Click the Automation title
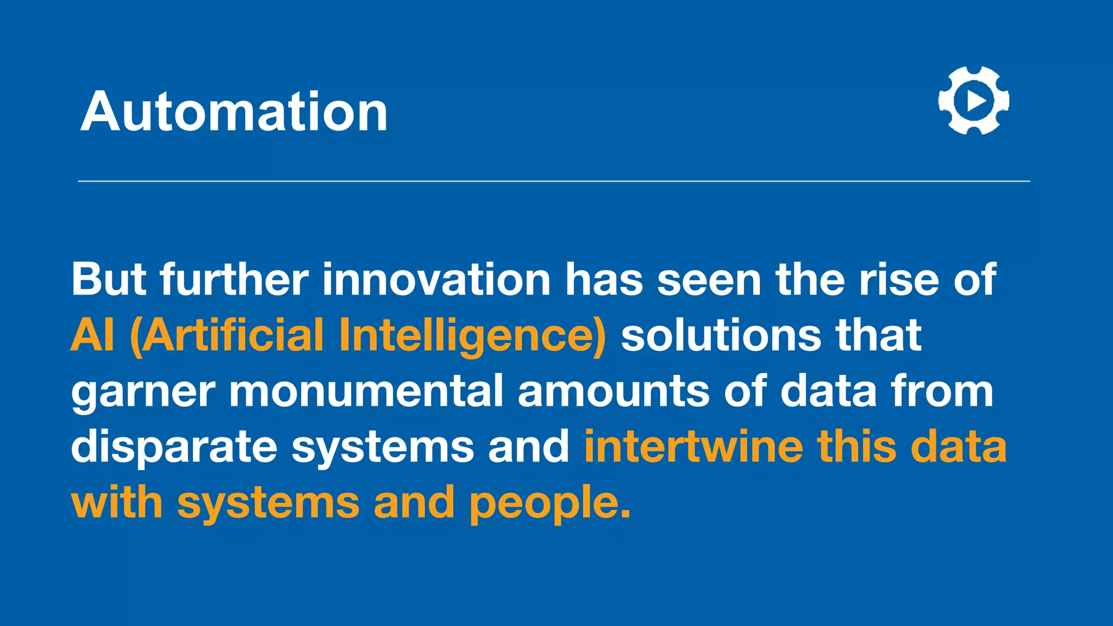[234, 112]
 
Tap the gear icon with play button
[973, 101]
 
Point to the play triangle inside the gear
[976, 101]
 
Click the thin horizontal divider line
[554, 181]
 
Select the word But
[109, 279]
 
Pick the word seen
[709, 279]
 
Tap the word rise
[898, 279]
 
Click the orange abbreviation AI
[93, 335]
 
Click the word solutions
[721, 335]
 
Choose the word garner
[143, 392]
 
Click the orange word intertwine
[693, 447]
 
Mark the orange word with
[117, 502]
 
